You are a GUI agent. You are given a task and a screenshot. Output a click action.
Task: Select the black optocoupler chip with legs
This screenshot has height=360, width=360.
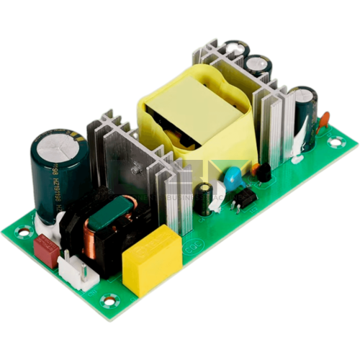pos(245,196)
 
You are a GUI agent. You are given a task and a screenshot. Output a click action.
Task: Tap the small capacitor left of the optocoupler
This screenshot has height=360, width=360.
pos(207,194)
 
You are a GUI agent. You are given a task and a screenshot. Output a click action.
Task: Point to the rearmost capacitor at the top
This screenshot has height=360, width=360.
pos(235,50)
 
